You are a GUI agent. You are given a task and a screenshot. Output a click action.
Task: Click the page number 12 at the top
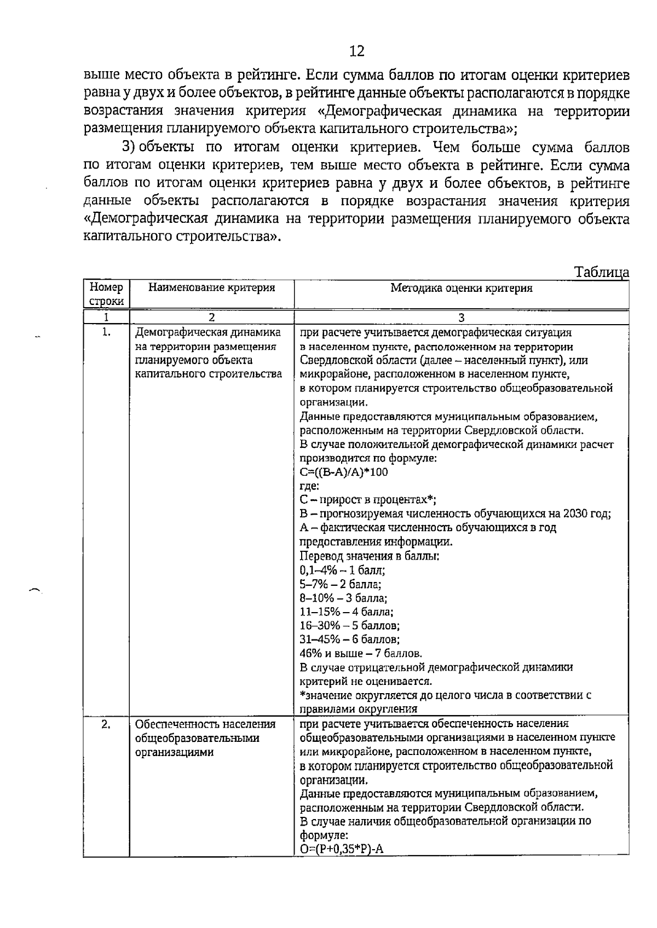point(356,51)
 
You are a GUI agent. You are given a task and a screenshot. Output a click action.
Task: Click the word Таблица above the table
point(601,272)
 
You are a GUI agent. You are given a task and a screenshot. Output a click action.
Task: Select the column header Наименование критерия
point(211,287)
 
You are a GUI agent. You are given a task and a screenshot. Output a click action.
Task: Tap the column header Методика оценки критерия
point(461,288)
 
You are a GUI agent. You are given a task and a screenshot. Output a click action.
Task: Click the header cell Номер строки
point(106,294)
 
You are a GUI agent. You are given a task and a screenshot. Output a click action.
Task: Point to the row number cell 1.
point(106,332)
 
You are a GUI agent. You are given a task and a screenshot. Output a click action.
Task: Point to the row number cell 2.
point(106,724)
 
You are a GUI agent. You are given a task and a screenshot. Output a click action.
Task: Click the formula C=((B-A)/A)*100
point(344,472)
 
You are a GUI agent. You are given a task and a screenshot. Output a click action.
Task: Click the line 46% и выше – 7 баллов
point(361,654)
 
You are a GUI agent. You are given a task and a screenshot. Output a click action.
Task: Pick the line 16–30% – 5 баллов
point(349,626)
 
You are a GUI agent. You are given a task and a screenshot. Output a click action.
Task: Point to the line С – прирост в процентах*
point(368,499)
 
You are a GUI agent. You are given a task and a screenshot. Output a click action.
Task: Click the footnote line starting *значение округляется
point(445,695)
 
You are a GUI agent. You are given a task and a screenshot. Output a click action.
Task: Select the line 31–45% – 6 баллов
point(349,639)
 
